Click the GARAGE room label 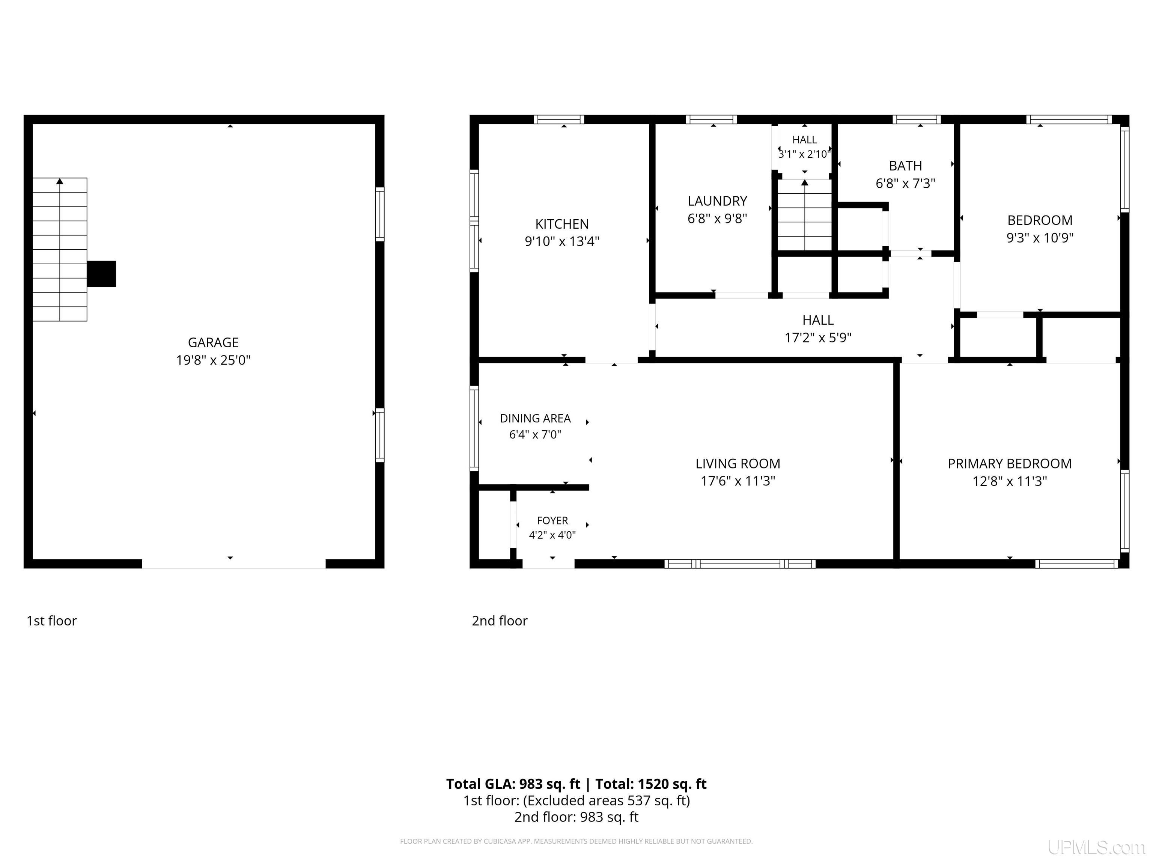(x=213, y=342)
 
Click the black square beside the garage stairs (x=101, y=274)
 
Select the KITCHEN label (x=562, y=224)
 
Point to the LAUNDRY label (x=717, y=201)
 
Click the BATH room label (x=905, y=166)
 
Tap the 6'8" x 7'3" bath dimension (x=905, y=184)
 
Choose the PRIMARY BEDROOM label (x=1010, y=464)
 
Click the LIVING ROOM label (x=738, y=464)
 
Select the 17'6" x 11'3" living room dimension (x=738, y=481)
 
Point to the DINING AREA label (x=535, y=418)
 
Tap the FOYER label (x=552, y=520)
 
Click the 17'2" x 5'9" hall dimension (x=818, y=338)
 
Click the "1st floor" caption (x=51, y=621)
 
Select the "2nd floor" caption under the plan (x=499, y=621)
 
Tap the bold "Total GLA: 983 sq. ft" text (x=513, y=784)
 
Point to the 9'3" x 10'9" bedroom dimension (x=1040, y=238)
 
